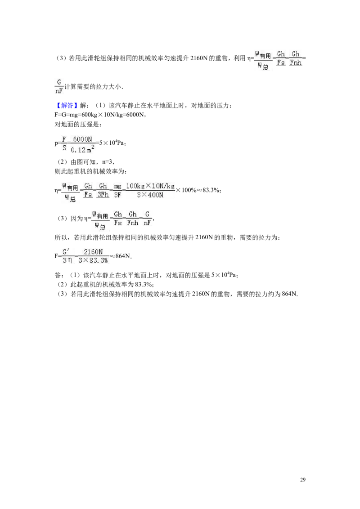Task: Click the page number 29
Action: point(302,480)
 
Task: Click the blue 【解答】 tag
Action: point(66,106)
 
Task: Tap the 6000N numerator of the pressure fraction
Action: point(82,139)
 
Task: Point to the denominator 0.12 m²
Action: point(82,149)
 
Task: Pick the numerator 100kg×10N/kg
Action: point(150,186)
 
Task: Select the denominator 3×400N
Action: point(150,195)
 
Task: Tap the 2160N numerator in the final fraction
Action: point(93,252)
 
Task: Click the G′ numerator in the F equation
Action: point(66,252)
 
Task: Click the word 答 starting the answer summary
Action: point(58,275)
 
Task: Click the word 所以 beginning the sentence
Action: point(61,237)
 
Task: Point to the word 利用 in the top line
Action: point(240,58)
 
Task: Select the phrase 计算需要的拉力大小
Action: point(93,87)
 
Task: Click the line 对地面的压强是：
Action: point(78,125)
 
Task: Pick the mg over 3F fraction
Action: point(117,191)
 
